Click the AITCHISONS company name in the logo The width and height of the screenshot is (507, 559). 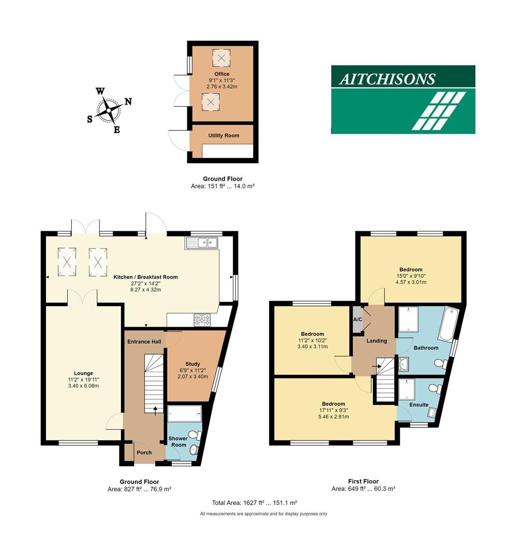(387, 79)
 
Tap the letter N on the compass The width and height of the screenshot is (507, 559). (128, 101)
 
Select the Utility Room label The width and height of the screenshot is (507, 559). (223, 136)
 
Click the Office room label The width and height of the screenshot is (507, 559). (222, 74)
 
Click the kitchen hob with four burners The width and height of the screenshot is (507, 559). (202, 320)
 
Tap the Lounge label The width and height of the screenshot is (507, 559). (83, 373)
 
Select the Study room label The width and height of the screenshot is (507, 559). (192, 364)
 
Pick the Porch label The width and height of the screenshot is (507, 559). (144, 453)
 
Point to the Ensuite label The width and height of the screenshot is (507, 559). (419, 405)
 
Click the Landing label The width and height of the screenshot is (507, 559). (376, 341)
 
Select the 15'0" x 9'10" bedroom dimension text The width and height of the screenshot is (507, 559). (411, 276)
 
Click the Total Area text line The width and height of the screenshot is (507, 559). (254, 503)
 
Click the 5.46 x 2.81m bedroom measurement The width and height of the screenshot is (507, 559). (334, 417)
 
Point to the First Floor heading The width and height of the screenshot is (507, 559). (363, 481)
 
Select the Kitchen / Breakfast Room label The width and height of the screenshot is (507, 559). (145, 277)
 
